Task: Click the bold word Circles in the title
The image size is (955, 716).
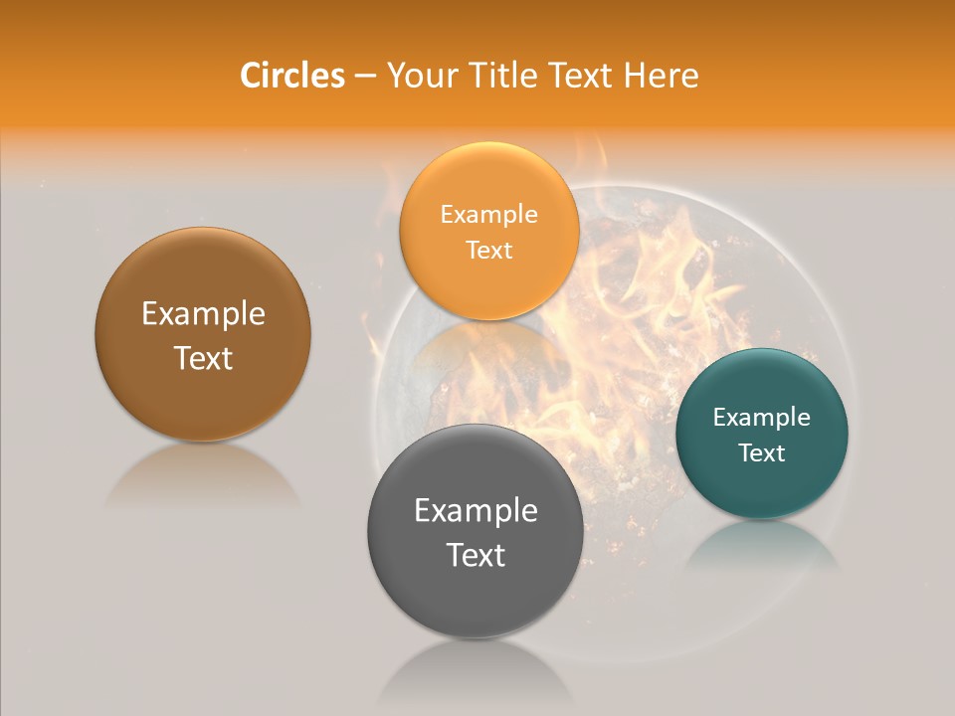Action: pos(291,76)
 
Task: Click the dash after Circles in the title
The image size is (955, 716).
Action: pos(365,77)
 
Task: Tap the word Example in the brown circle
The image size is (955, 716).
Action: pos(203,314)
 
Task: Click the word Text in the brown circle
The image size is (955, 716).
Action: pos(203,358)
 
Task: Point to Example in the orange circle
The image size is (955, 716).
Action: pos(488,215)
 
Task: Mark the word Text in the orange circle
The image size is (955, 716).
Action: pos(488,251)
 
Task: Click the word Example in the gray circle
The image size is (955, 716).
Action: pos(476,511)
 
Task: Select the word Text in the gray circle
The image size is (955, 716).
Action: pos(476,555)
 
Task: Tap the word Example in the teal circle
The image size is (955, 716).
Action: pos(762,418)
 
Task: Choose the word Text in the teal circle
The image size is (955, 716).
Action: pos(762,453)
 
